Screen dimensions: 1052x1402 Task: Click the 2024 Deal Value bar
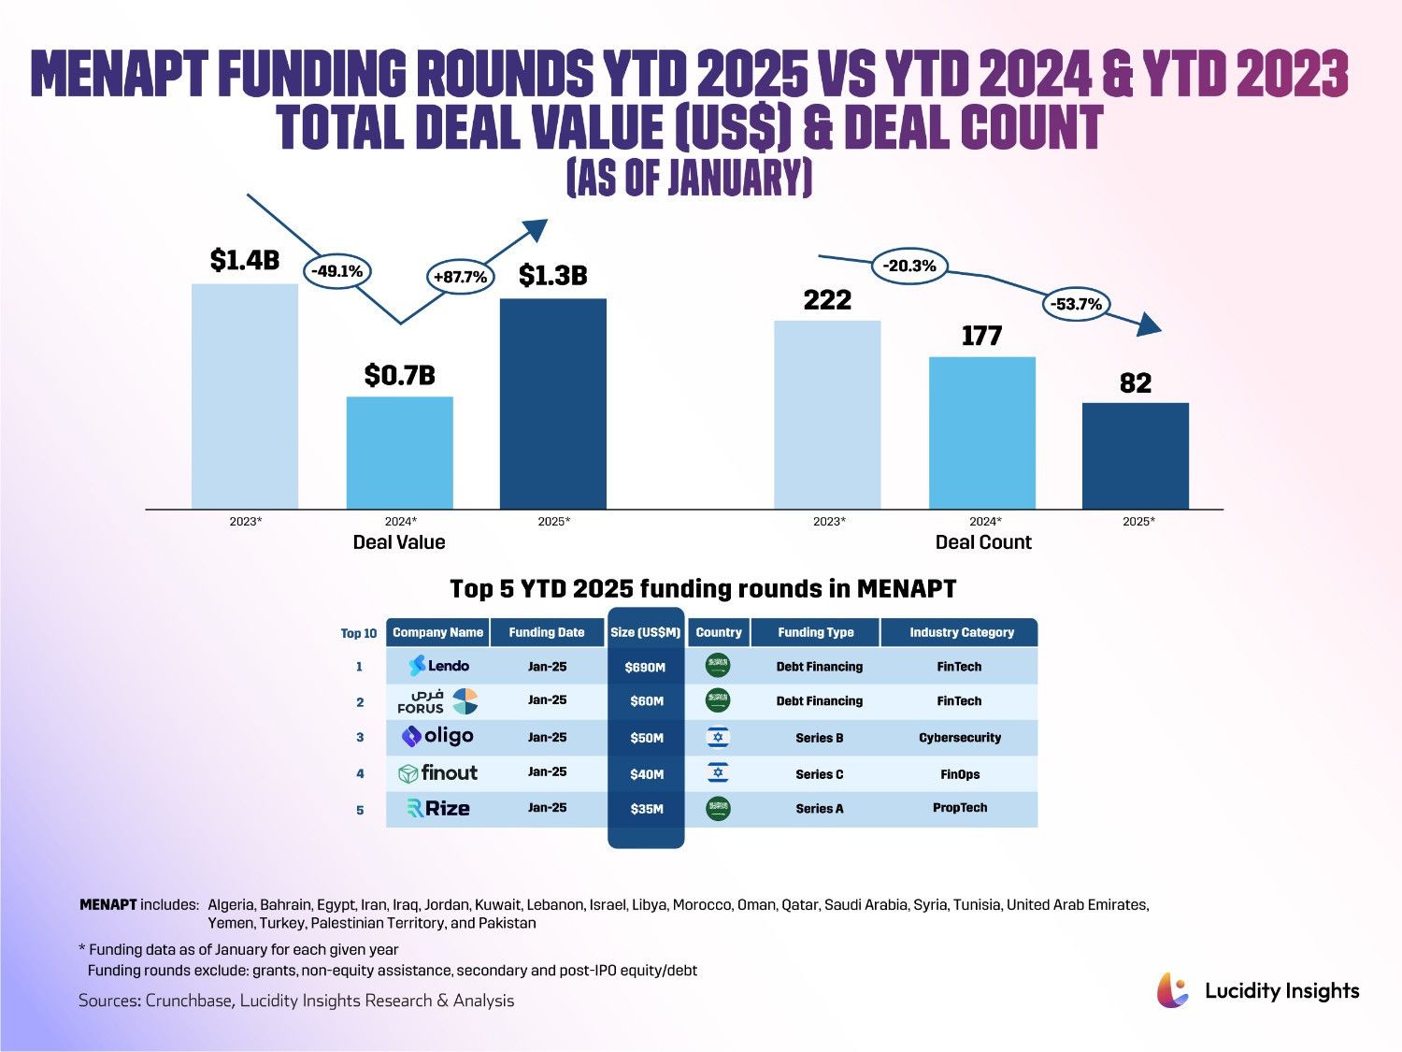click(x=399, y=453)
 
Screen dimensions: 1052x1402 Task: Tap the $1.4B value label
click(x=244, y=260)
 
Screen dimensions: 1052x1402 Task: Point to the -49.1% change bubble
click(x=336, y=271)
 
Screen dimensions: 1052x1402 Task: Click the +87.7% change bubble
click(x=460, y=277)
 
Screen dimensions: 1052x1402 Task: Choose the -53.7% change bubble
click(x=1076, y=304)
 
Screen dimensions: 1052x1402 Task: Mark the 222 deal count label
click(x=827, y=300)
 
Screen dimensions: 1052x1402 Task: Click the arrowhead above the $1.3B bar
click(x=535, y=229)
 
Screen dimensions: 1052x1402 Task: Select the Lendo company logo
click(x=438, y=666)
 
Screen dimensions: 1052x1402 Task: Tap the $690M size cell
click(x=646, y=668)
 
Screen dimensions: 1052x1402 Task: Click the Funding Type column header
click(x=815, y=632)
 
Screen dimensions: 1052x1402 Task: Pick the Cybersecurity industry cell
click(x=959, y=738)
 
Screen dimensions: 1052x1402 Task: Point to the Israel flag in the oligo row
click(x=718, y=738)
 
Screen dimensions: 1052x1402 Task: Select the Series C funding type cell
click(x=819, y=774)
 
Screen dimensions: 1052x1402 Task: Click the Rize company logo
click(x=438, y=809)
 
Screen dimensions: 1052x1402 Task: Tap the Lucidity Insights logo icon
click(x=1173, y=990)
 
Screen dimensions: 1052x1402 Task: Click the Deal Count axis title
click(x=983, y=542)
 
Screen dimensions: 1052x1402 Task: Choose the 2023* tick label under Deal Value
click(x=246, y=521)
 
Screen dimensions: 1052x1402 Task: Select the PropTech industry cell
click(x=959, y=808)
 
